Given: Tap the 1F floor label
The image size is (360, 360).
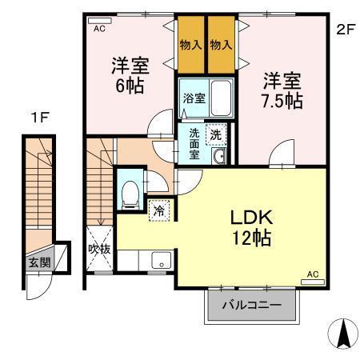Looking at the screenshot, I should (x=40, y=118).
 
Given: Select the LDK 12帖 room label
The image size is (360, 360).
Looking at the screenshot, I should (x=253, y=227).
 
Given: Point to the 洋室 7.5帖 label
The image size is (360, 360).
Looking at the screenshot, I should (x=282, y=90).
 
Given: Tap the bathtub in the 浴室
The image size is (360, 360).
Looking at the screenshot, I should (x=217, y=99).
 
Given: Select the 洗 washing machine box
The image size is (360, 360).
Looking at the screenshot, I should (x=214, y=135).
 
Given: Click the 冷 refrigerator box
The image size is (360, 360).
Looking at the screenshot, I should (x=159, y=210).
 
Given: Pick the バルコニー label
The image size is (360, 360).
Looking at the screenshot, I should (x=252, y=306).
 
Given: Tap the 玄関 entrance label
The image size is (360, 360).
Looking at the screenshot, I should (x=38, y=262).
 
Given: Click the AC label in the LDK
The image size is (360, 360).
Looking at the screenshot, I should (x=312, y=275).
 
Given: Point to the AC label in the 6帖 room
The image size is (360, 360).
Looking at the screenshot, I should (x=99, y=28).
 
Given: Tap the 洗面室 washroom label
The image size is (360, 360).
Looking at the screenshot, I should (x=194, y=144).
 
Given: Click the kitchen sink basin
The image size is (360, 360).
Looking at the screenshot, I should (x=160, y=261).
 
